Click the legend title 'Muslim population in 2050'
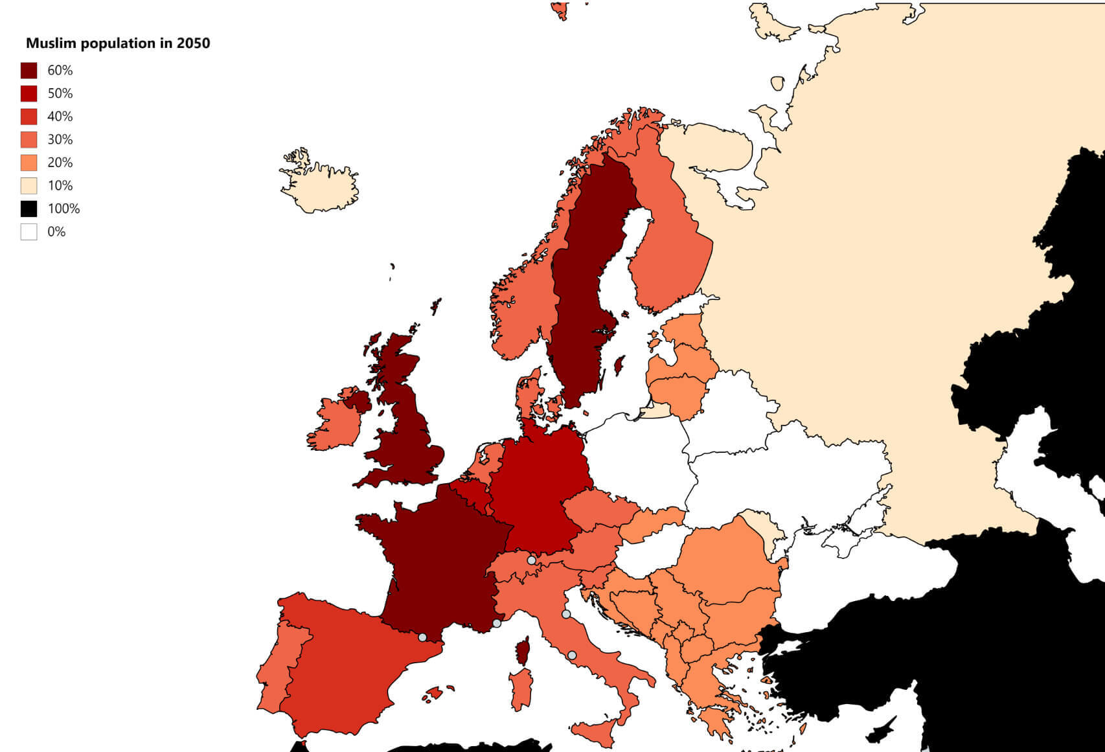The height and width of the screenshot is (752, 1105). click(x=118, y=43)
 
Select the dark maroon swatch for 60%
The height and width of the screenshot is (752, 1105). click(x=28, y=70)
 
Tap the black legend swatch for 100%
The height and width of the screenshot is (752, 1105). click(x=28, y=209)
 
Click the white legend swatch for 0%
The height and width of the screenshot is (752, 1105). click(x=28, y=232)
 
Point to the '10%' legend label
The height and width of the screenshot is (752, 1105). click(x=60, y=186)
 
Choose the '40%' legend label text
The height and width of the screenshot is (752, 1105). click(x=60, y=117)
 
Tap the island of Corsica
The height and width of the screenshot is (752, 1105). click(x=523, y=651)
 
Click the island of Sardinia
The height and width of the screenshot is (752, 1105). click(x=521, y=689)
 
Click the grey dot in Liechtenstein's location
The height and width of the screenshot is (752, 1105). click(x=531, y=560)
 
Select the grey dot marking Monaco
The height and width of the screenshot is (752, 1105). click(x=497, y=623)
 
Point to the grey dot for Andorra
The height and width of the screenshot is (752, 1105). click(x=422, y=637)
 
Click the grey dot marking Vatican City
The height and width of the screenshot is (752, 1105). click(x=572, y=655)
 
